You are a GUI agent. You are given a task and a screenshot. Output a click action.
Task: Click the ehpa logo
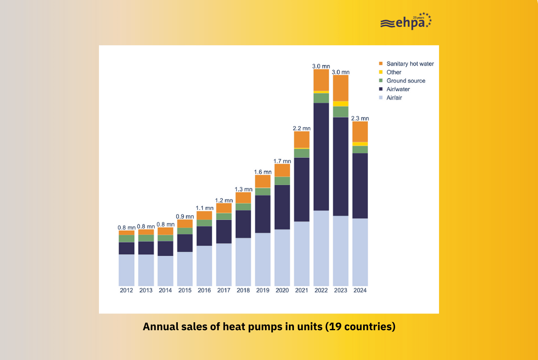point(405,22)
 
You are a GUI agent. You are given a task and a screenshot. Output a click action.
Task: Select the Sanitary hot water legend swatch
point(381,64)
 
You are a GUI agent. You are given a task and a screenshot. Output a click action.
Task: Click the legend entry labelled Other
point(394,72)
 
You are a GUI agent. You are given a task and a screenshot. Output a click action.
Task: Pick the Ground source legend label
point(405,81)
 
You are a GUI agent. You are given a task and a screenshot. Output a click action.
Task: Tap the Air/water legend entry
point(398,89)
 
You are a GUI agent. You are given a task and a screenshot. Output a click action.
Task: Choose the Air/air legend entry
point(394,97)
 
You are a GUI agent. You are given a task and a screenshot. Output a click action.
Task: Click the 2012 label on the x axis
point(126,290)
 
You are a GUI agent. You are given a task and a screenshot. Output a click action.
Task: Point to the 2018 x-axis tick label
point(243,290)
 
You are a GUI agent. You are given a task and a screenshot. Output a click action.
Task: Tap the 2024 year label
point(360,290)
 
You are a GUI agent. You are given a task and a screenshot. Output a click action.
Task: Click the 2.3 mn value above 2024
point(360,118)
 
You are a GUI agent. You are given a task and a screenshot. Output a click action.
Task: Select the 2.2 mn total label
point(301,128)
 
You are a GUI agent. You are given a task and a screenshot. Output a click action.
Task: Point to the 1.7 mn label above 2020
point(282,161)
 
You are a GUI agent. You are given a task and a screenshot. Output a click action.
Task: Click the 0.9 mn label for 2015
point(185,216)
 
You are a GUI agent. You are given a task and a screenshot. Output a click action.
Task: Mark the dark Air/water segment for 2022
point(321,157)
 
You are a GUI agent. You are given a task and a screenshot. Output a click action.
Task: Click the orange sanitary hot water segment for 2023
point(340,88)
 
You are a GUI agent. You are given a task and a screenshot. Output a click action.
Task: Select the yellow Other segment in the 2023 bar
point(340,104)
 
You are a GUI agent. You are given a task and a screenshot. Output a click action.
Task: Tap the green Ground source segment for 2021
point(301,153)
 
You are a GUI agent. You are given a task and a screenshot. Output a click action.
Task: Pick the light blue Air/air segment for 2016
point(204,266)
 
